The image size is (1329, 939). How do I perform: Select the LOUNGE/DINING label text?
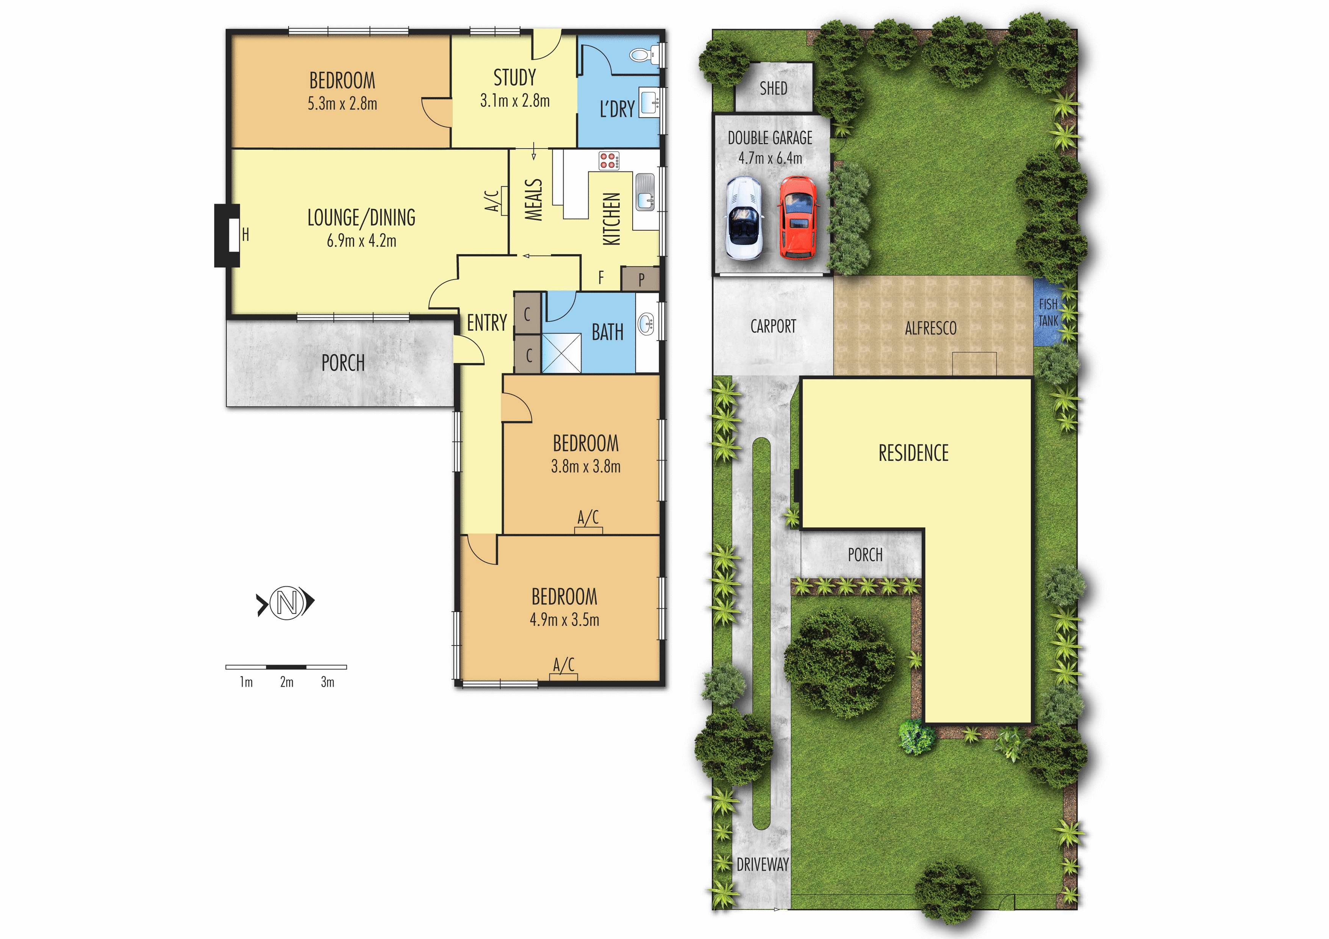click(361, 218)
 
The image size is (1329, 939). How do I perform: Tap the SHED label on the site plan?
click(773, 89)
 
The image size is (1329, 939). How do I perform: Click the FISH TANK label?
click(1048, 312)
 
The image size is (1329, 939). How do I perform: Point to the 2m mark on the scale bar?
click(286, 682)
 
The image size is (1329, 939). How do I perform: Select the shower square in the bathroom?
click(561, 353)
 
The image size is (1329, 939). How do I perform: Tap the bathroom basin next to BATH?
click(646, 323)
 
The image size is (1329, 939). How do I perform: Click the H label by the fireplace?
click(245, 234)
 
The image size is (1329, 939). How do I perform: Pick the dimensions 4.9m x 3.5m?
click(564, 620)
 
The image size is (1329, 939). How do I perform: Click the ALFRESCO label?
click(931, 329)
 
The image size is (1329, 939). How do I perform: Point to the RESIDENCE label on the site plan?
click(913, 453)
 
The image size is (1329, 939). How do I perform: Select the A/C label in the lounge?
click(491, 201)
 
